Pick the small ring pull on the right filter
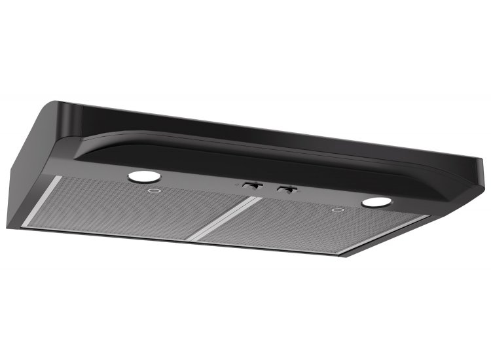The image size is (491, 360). click(338, 211)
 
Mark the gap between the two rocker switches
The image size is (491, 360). click(267, 188)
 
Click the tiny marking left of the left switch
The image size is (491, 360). click(233, 185)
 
